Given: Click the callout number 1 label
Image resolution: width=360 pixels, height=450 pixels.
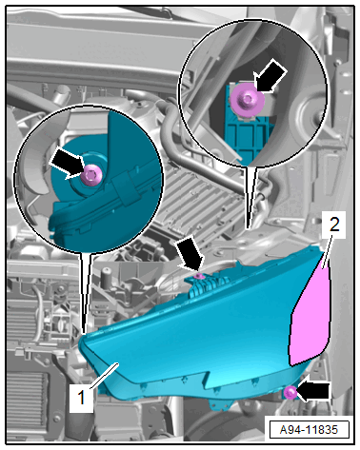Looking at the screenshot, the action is tap(81, 397).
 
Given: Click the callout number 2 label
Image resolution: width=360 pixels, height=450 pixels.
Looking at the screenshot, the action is tap(334, 224).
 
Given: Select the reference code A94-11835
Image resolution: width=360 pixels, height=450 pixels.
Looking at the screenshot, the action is tap(309, 430).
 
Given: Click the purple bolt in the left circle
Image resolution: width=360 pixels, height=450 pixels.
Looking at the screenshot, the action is tap(91, 175).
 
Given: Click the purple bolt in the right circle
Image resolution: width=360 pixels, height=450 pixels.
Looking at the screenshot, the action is tap(248, 100).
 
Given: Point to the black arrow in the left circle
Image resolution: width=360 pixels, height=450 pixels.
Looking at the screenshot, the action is tap(68, 165).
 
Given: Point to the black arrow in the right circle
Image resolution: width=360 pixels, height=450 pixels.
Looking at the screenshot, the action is tap(270, 76).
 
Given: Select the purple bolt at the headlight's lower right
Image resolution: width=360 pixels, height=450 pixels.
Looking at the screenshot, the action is tap(290, 393).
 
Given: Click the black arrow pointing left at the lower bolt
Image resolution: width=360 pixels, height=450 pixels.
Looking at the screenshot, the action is tap(313, 391).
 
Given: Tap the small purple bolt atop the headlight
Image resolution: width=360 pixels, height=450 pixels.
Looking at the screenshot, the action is tap(199, 277).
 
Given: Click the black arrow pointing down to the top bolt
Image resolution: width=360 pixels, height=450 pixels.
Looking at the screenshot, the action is tap(190, 256).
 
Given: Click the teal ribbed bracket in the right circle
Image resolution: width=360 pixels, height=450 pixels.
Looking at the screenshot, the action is tap(249, 134).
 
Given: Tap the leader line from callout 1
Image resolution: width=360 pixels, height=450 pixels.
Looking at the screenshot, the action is tap(105, 376).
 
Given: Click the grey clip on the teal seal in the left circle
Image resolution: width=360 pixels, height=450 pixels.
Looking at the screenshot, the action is tap(126, 188).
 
